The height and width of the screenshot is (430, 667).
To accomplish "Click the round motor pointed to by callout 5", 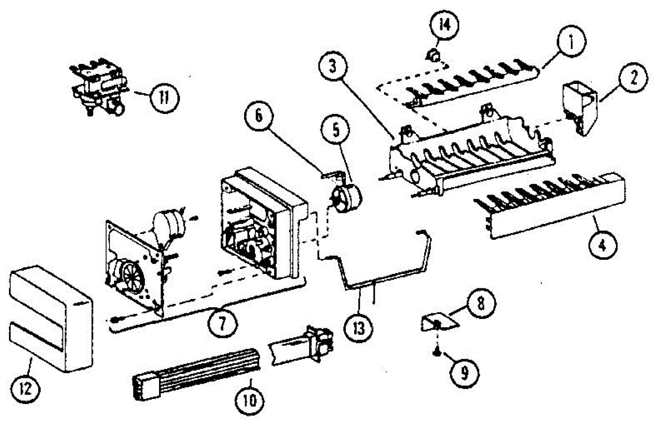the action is coord(345,197).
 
